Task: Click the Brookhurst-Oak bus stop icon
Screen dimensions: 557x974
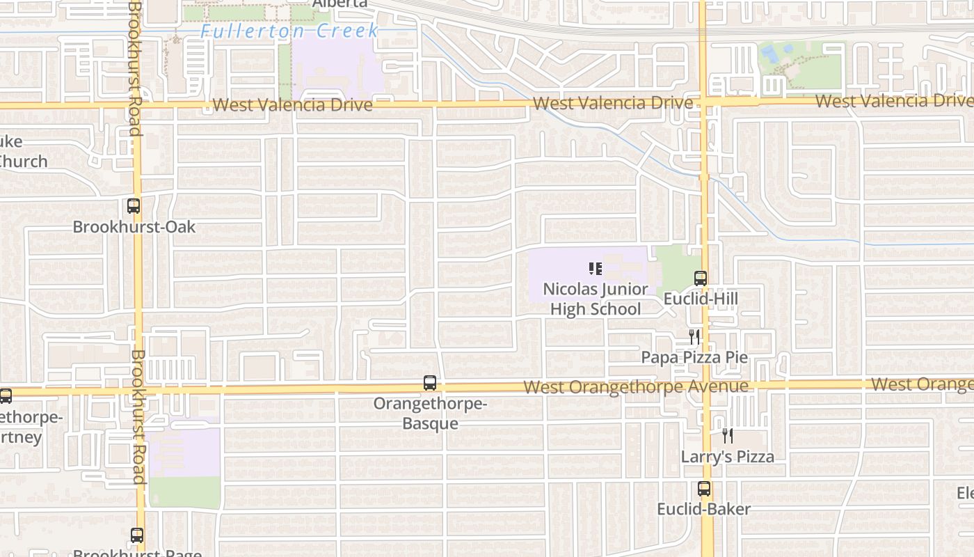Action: (133, 206)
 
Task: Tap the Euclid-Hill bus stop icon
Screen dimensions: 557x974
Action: (701, 278)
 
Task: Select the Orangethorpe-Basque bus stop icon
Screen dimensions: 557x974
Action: (430, 383)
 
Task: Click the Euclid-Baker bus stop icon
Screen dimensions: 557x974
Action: (704, 489)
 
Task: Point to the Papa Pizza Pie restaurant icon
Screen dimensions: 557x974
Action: (694, 337)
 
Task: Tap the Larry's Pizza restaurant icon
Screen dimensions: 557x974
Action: (728, 436)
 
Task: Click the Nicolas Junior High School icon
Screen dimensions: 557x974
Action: (595, 268)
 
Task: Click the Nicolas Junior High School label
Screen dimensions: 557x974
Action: (595, 299)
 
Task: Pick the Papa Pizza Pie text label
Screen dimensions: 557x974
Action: (694, 357)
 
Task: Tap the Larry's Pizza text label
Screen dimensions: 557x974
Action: (727, 457)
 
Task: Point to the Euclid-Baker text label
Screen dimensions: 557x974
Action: (704, 509)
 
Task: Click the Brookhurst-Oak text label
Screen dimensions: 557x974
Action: (134, 227)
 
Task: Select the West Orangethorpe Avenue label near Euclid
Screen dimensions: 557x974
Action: (636, 386)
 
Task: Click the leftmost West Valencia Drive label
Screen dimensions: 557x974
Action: (292, 105)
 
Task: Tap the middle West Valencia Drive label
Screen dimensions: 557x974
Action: (613, 103)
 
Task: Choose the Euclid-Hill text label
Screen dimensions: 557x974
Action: (701, 299)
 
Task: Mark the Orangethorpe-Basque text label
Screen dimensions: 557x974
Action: (430, 414)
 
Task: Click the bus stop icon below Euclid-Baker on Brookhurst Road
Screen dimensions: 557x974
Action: (137, 535)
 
